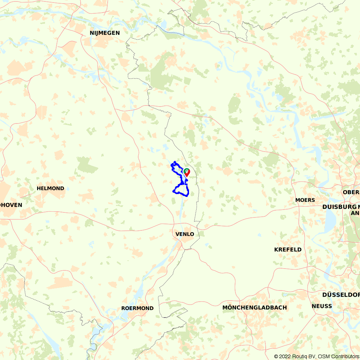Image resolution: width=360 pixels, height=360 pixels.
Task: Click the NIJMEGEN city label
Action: pos(105,33)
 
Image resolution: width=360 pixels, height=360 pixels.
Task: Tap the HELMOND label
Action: pos(50,188)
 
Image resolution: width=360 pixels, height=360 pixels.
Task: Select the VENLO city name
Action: pos(185,234)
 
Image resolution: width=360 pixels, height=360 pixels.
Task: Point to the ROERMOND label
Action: pos(138,308)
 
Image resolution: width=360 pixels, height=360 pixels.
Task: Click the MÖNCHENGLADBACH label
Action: pos(255,307)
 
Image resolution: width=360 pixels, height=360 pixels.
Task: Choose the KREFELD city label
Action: pos(288,249)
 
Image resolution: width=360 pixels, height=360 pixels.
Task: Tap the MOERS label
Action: pos(305,200)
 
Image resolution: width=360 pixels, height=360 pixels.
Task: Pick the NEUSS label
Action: pos(322,306)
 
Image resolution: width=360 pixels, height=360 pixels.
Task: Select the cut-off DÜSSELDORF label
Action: pos(341,294)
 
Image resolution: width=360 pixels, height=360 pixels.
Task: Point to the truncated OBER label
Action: pos(351,192)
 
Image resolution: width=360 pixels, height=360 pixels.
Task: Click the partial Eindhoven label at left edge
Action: pos(11,205)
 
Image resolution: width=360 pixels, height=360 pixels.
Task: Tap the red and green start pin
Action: pos(187,172)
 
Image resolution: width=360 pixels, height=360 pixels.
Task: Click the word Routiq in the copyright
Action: pos(302,356)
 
